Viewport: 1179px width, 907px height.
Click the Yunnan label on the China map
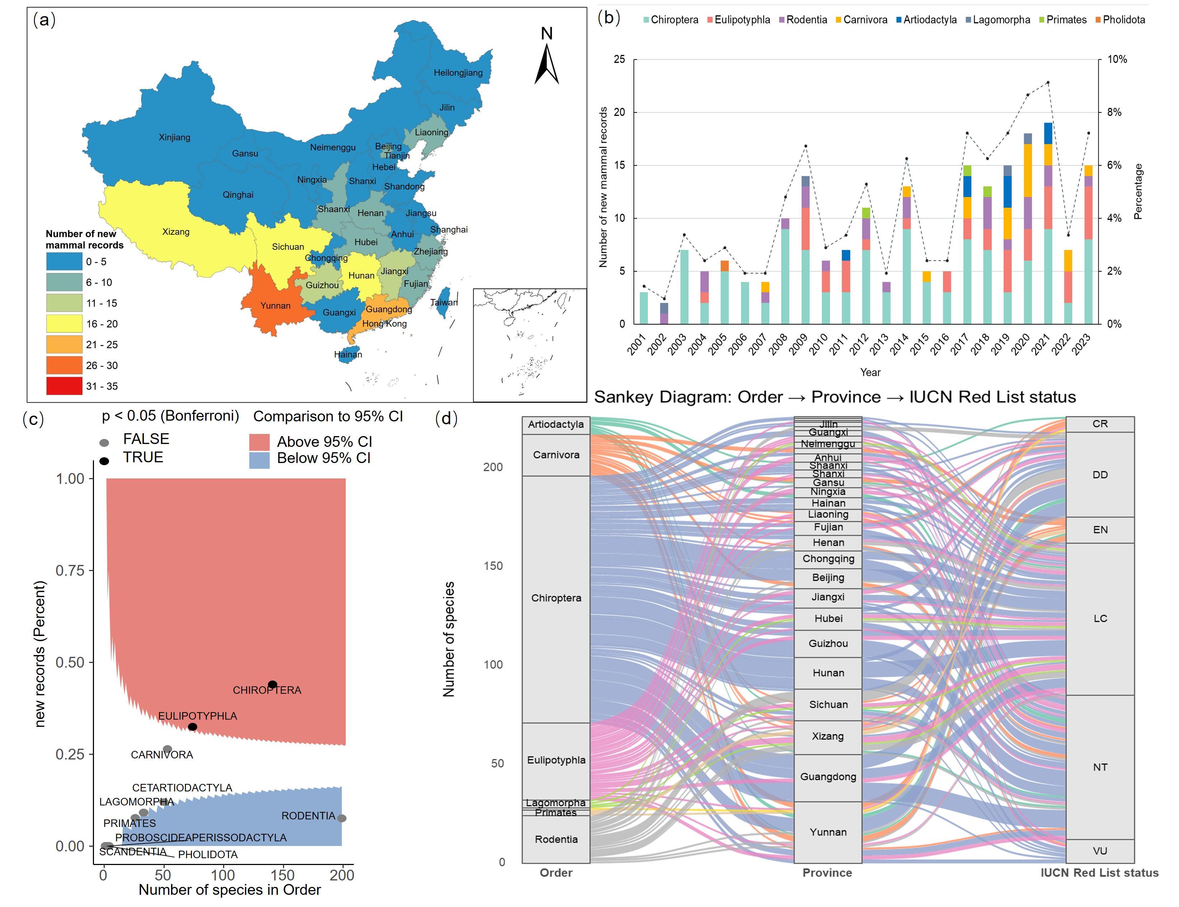tap(275, 305)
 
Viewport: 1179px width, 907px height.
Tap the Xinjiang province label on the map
tap(174, 137)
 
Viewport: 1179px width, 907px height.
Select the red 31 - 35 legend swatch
tap(64, 386)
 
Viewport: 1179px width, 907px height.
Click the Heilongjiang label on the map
tap(458, 73)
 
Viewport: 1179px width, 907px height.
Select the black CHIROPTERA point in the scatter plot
tap(273, 684)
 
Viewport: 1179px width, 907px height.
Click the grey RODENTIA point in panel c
tap(341, 818)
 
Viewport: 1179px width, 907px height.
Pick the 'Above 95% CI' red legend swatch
tap(259, 442)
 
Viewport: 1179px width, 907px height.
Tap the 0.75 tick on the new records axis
tap(70, 571)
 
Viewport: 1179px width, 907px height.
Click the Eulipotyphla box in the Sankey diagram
tap(556, 760)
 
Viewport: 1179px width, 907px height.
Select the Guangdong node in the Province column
tap(828, 777)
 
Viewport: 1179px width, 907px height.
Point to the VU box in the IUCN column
tap(1100, 851)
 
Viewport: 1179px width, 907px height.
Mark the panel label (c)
tap(33, 419)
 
